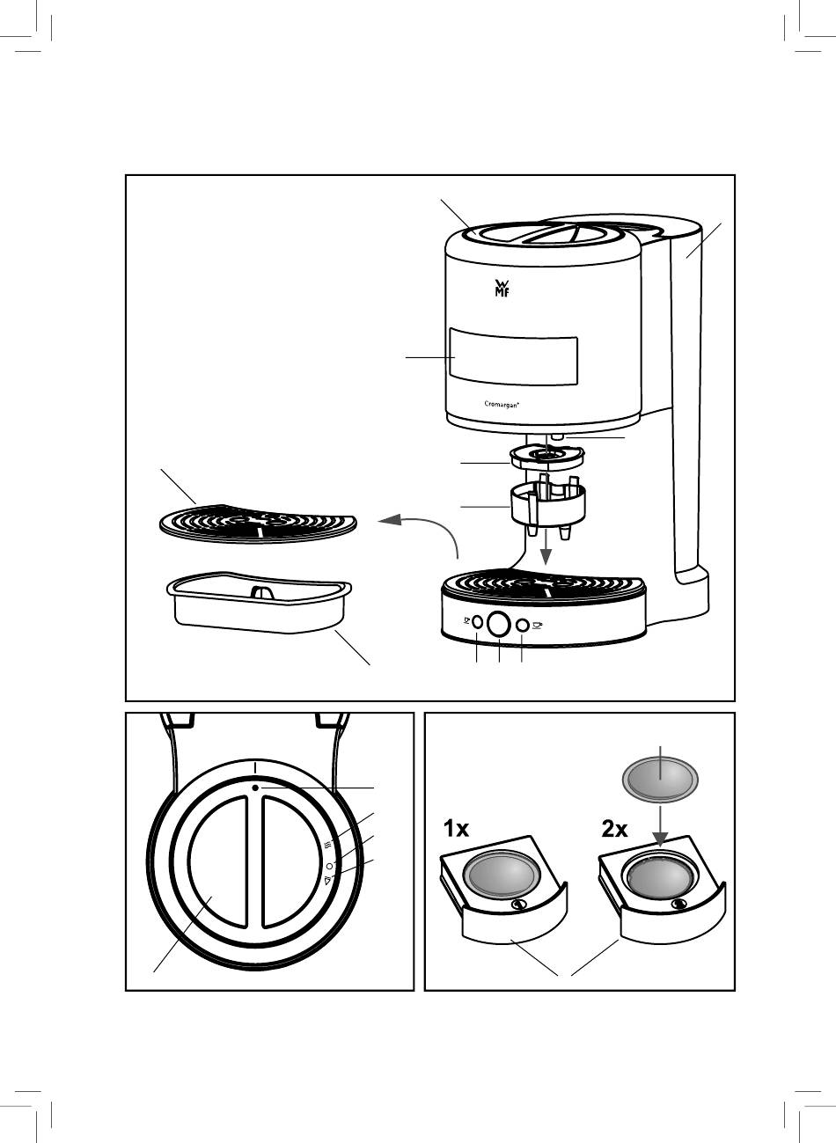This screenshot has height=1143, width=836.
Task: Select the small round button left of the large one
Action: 478,623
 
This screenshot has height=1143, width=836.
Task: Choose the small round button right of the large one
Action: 522,624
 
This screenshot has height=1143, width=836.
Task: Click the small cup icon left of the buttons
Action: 466,621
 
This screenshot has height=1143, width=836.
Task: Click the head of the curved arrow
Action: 385,522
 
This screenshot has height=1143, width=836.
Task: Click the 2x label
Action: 614,829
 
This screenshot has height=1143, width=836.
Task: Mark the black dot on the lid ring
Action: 253,788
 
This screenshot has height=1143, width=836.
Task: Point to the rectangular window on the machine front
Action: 513,355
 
